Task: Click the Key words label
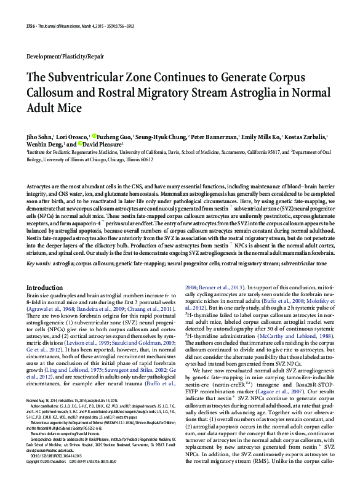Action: tap(39, 263)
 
